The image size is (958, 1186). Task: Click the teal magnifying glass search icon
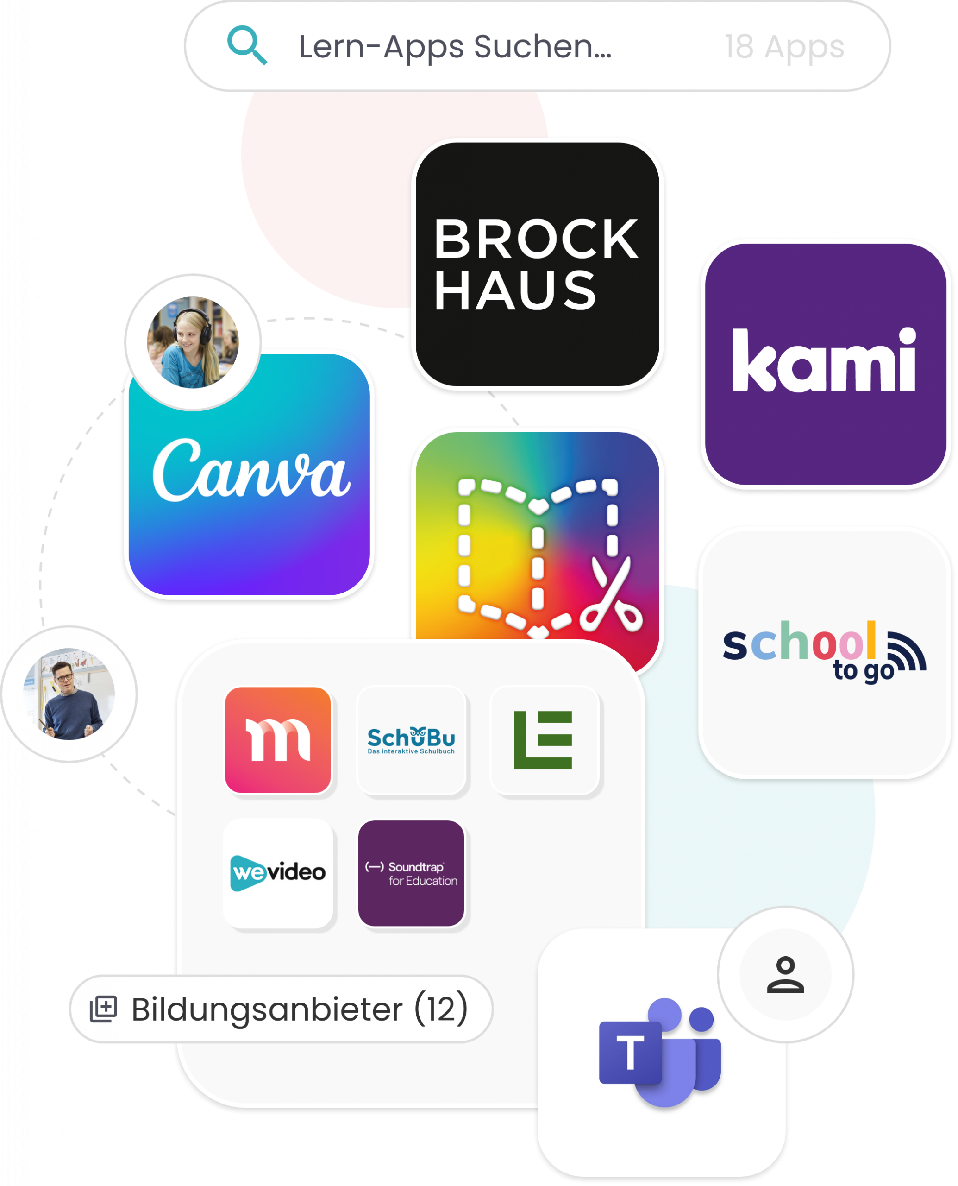coord(247,45)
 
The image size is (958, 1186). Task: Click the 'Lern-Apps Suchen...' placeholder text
coord(455,47)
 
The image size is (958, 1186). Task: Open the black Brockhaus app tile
coord(537,264)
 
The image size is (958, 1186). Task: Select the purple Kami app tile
coord(826,365)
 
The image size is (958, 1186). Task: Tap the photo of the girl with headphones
coord(193,342)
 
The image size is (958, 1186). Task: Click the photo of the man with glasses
coord(69,694)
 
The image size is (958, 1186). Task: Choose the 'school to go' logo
coord(825,651)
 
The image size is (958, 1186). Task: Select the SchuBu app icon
coord(412,740)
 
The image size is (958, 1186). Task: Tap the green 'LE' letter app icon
coord(544,740)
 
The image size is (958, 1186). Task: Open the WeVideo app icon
coord(278,873)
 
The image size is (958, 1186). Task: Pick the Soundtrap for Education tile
coord(411,873)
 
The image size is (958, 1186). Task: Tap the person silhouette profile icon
coord(785,975)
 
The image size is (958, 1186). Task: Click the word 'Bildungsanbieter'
coord(267,1009)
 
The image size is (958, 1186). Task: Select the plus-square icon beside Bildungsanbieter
coord(104,1009)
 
